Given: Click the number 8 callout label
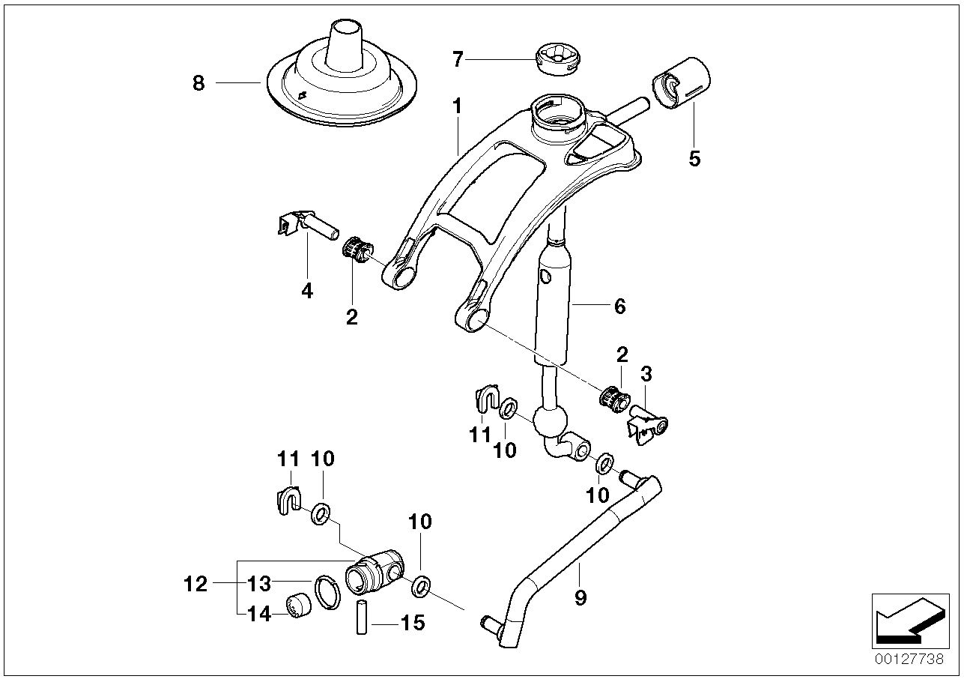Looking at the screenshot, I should click(198, 83).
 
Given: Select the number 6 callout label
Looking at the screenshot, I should click(619, 306).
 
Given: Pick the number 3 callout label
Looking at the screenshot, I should click(646, 374).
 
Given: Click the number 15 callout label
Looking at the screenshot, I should click(412, 622).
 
